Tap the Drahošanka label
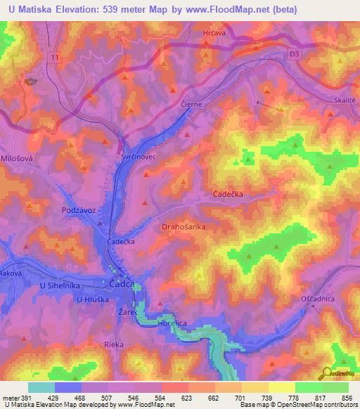(184, 227)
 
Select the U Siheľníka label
(61, 286)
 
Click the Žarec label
(127, 309)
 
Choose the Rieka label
(113, 344)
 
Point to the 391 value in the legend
(21, 397)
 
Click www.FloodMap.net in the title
(229, 10)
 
